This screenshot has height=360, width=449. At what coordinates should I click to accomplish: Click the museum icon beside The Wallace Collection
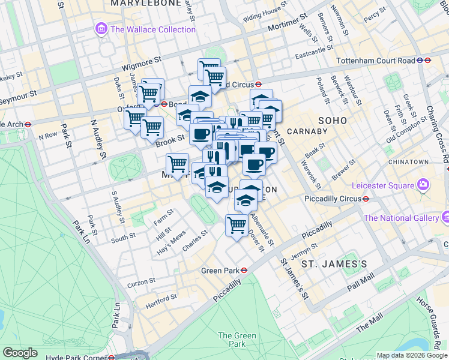[x=101, y=29]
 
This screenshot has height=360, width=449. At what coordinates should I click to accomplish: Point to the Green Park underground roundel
[x=244, y=270]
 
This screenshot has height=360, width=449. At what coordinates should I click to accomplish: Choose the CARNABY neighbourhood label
[x=306, y=131]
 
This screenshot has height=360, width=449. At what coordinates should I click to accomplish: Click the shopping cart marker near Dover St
[x=237, y=225]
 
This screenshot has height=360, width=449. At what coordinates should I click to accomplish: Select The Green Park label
[x=232, y=340]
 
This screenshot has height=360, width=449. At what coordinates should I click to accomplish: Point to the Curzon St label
[x=143, y=280]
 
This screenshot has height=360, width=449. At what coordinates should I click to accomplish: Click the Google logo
[x=20, y=352]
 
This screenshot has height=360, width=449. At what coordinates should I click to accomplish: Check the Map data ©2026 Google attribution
[x=411, y=356]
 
